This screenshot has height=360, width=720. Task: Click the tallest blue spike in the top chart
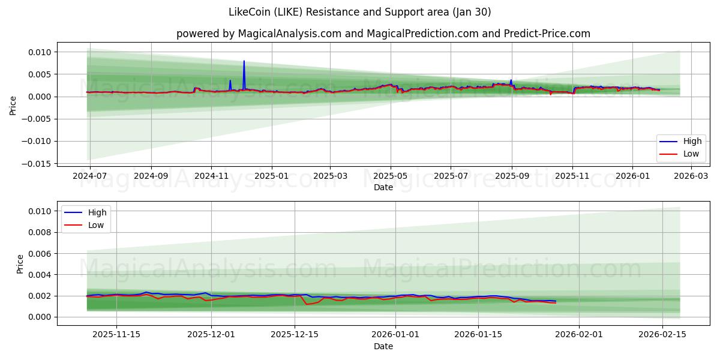pyautogui.click(x=244, y=61)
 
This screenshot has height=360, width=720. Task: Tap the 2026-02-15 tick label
pyautogui.click(x=662, y=335)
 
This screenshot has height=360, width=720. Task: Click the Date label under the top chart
pyautogui.click(x=383, y=187)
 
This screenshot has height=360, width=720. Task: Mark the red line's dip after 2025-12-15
pyautogui.click(x=307, y=304)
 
